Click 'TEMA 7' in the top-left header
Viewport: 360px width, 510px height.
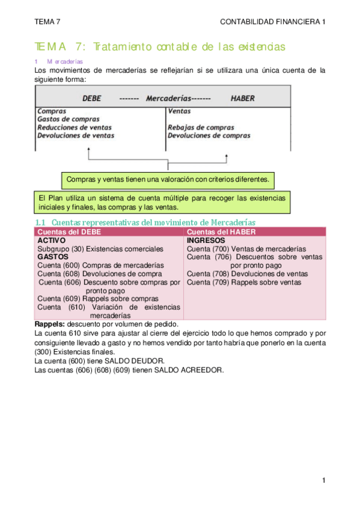(48, 22)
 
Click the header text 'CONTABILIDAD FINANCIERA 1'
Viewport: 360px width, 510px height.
(273, 22)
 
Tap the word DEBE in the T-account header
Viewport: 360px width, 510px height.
(93, 98)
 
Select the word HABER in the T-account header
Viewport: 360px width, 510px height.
(243, 98)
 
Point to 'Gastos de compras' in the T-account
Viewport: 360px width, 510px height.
(68, 119)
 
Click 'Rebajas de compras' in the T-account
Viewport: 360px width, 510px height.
(201, 127)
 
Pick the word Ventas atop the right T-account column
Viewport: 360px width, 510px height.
(179, 111)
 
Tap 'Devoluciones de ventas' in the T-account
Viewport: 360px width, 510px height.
(75, 135)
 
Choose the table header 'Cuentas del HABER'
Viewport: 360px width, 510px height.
(219, 232)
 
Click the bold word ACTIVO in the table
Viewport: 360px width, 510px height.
(51, 240)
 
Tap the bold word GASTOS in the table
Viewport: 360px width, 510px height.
(52, 256)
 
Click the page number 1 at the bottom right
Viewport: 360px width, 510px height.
(323, 481)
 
